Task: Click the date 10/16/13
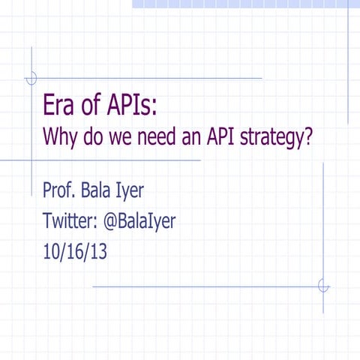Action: tap(75, 253)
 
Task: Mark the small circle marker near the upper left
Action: tap(31, 78)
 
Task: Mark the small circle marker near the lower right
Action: tap(323, 286)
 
